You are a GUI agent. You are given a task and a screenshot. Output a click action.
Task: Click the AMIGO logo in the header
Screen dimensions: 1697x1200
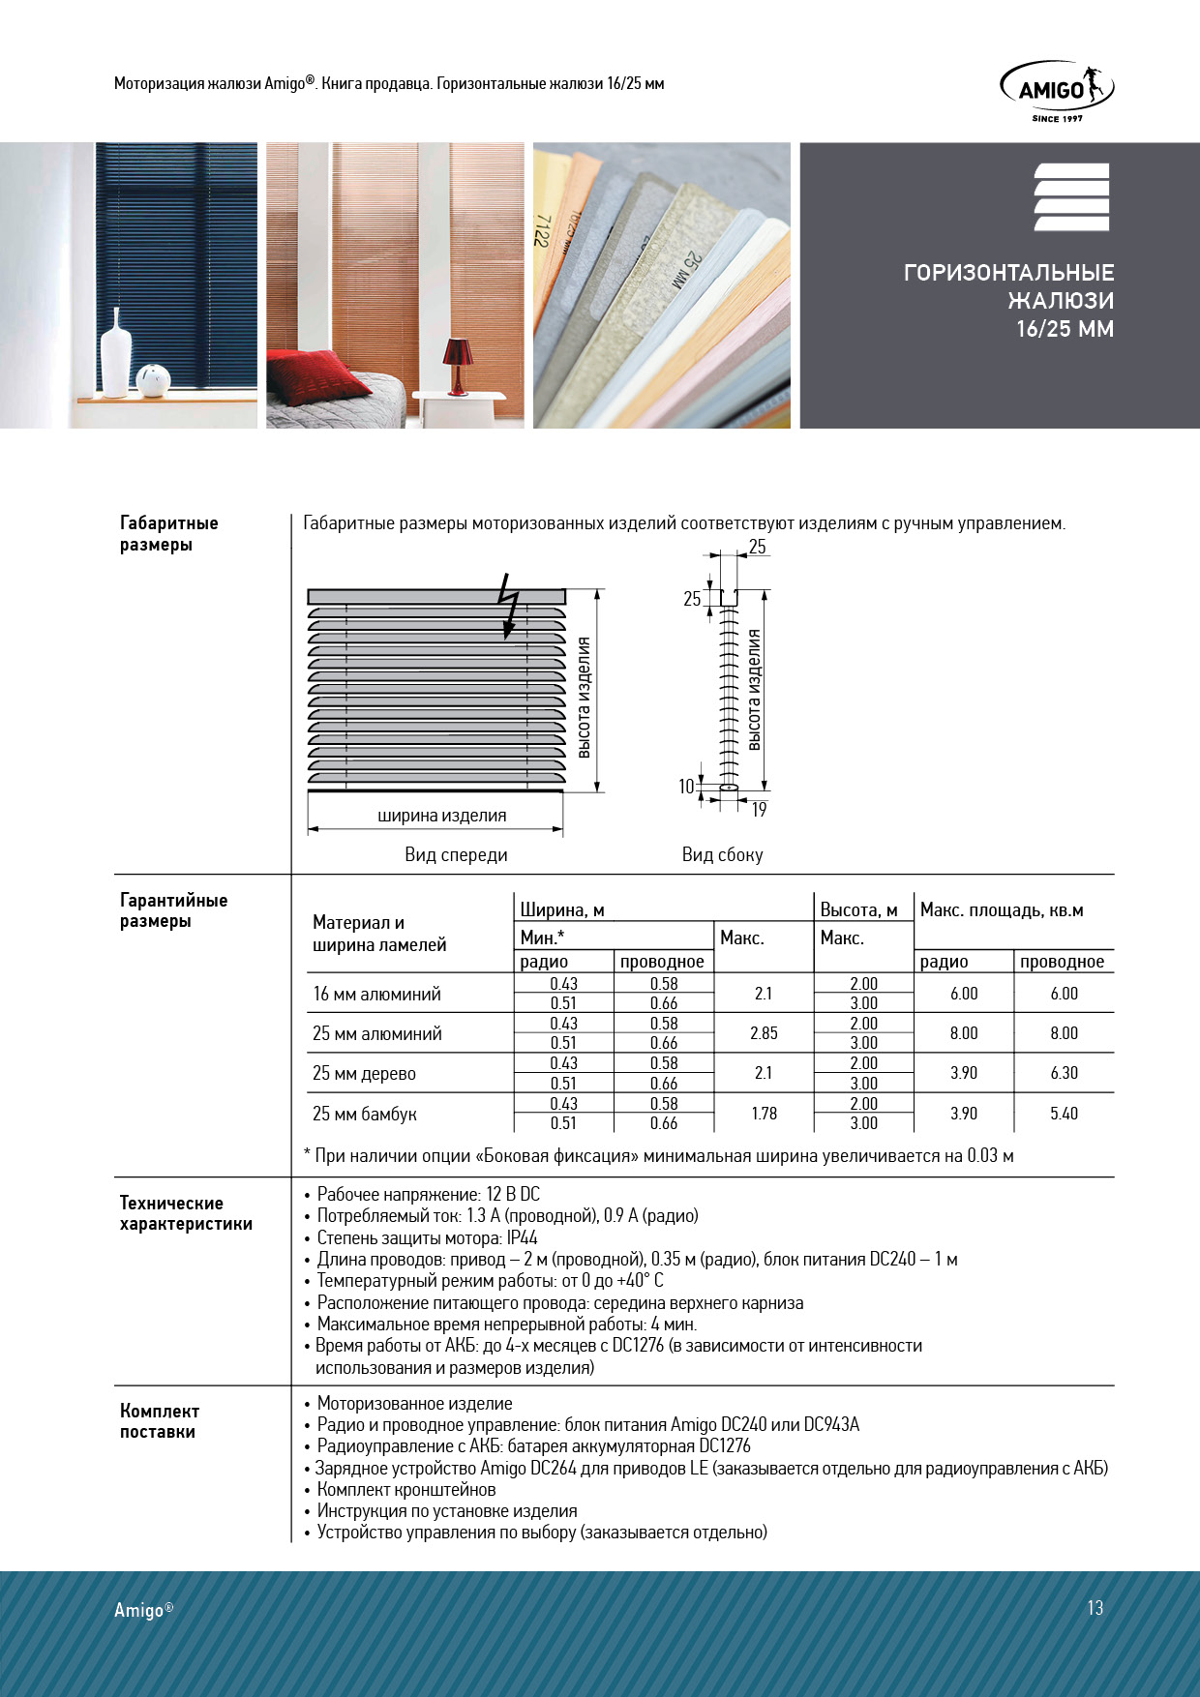(x=1056, y=90)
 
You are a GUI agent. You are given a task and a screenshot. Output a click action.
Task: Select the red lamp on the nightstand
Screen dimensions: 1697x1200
(x=458, y=364)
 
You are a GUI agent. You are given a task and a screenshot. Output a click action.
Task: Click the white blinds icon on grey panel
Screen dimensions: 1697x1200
(x=1071, y=197)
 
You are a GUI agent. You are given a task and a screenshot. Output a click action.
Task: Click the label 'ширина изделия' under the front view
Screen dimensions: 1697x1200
(x=441, y=816)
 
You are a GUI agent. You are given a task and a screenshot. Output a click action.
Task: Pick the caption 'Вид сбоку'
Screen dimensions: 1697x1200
(x=722, y=854)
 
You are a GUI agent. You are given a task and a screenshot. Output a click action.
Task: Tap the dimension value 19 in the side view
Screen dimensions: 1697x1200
(x=759, y=810)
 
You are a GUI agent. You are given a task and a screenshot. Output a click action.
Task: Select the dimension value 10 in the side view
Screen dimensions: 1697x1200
(x=686, y=787)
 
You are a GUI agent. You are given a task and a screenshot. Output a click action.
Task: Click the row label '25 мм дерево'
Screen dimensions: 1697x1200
(x=364, y=1074)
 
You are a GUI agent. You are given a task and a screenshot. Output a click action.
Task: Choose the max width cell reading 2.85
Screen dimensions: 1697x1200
(x=764, y=1033)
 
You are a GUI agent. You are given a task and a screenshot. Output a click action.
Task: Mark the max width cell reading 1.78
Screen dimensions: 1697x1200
(x=764, y=1114)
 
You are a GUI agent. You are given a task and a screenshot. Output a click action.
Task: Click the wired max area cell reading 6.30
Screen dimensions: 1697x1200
(x=1064, y=1073)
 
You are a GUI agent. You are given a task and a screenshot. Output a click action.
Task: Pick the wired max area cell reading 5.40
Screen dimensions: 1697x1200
(x=1064, y=1114)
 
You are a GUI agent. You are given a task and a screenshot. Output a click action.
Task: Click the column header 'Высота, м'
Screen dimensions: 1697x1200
(x=858, y=910)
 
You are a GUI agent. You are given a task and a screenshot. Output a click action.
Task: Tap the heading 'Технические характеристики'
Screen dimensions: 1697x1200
(x=186, y=1213)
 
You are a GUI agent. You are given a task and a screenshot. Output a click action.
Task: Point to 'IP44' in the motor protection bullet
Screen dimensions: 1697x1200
(x=522, y=1237)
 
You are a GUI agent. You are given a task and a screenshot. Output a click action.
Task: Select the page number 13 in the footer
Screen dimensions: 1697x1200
(x=1095, y=1608)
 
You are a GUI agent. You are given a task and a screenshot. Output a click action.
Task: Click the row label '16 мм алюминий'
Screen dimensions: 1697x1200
(x=376, y=994)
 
